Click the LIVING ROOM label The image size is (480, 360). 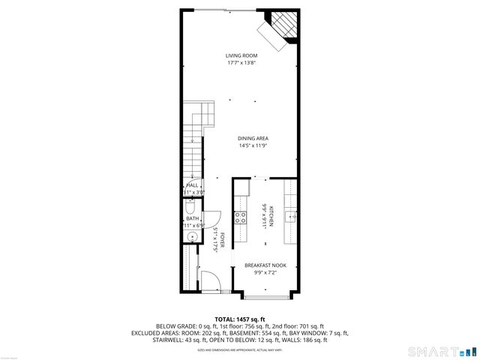pyautogui.click(x=242, y=55)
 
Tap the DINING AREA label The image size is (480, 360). pyautogui.click(x=253, y=138)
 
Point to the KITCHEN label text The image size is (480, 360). pyautogui.click(x=272, y=216)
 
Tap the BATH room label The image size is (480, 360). pyautogui.click(x=193, y=218)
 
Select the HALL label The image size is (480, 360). pyautogui.click(x=193, y=184)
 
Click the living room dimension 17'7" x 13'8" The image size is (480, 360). pyautogui.click(x=242, y=63)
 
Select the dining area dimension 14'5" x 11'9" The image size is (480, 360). pyautogui.click(x=253, y=145)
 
